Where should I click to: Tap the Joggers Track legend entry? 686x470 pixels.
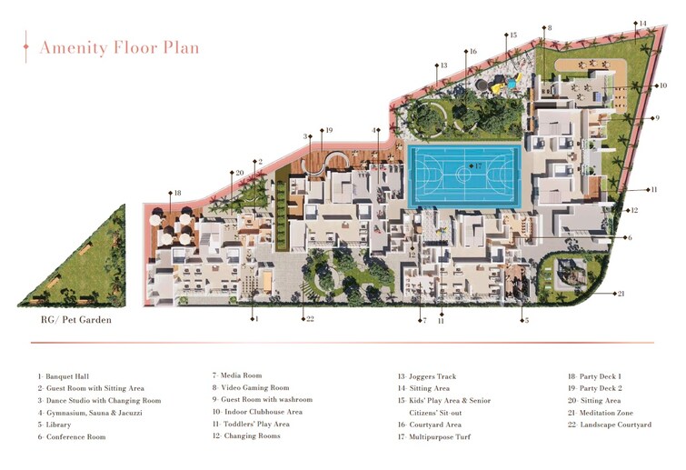[430, 376]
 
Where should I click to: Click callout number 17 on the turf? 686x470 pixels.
[477, 166]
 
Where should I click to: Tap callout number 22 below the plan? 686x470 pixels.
[310, 319]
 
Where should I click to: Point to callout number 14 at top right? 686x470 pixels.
[642, 24]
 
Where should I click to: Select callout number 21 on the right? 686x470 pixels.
[621, 294]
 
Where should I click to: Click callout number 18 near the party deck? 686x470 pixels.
[177, 193]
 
